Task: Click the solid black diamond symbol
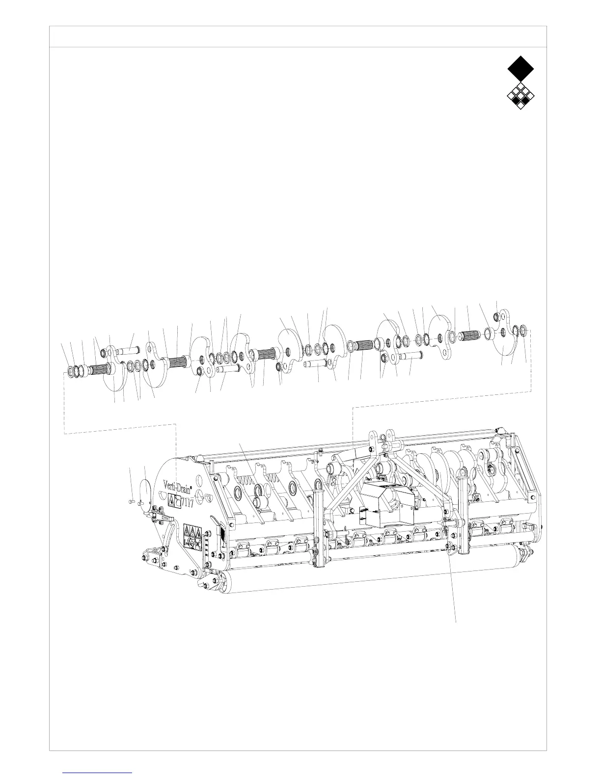click(x=520, y=68)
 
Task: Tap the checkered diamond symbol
click(x=520, y=96)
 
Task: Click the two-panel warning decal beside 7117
click(x=174, y=500)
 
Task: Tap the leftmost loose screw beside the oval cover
click(x=131, y=501)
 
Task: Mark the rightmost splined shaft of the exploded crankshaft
click(x=471, y=336)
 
